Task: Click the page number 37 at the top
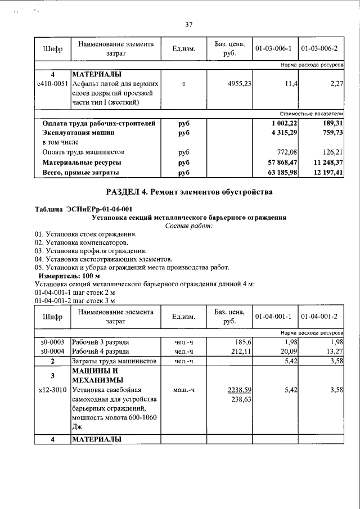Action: pyautogui.click(x=188, y=24)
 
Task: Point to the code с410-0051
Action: pyautogui.click(x=52, y=83)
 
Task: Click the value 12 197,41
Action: pyautogui.click(x=326, y=172)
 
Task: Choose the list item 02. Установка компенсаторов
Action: pyautogui.click(x=76, y=242)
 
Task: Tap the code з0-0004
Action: pyautogui.click(x=52, y=352)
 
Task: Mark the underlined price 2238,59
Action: pyautogui.click(x=239, y=389)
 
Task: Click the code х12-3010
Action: pyautogui.click(x=52, y=389)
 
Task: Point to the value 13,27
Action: pyautogui.click(x=334, y=352)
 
